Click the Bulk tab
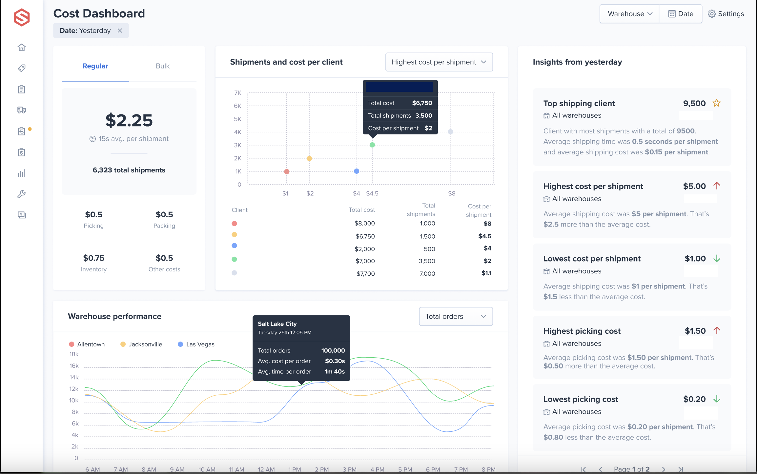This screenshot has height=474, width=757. click(163, 66)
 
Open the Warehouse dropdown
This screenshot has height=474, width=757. click(629, 14)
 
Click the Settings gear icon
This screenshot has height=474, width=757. click(711, 14)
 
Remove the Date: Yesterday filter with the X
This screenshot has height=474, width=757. click(120, 30)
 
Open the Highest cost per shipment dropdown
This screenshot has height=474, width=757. click(439, 62)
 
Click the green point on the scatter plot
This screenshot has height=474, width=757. click(372, 145)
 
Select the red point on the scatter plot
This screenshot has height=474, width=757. click(287, 171)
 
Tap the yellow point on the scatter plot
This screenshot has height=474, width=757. click(309, 159)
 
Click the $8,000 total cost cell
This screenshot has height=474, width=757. click(364, 223)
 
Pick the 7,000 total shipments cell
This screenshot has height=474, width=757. click(427, 274)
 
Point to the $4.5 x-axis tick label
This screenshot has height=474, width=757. click(372, 193)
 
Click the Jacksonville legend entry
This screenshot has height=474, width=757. click(141, 344)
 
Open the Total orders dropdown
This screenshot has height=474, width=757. click(456, 316)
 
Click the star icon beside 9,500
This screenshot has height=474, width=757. click(717, 103)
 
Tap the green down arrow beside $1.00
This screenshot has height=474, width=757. click(717, 259)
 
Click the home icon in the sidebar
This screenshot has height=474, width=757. click(22, 48)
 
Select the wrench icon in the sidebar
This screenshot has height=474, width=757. click(22, 194)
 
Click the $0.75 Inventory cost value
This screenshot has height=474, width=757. click(94, 258)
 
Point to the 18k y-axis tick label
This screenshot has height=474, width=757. click(74, 354)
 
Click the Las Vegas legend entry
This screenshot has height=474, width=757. click(196, 344)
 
